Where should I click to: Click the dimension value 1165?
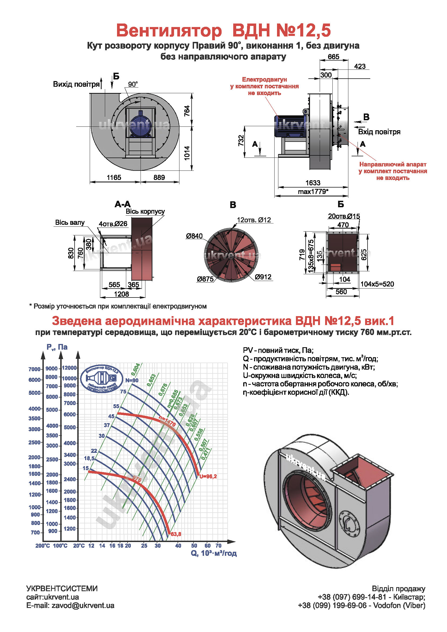coord(114,178)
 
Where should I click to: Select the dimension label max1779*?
coord(313,192)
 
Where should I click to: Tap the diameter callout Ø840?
coord(194,236)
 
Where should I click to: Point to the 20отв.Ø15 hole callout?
coord(344,216)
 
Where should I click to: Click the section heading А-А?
coord(123,204)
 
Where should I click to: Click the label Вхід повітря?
coord(379,132)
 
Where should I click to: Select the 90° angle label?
coord(133,84)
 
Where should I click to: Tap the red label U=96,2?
coord(208,476)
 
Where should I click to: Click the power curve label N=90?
coord(132,380)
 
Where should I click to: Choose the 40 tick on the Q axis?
coord(178,546)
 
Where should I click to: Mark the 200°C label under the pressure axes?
coord(42,546)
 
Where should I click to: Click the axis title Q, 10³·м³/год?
coord(214,553)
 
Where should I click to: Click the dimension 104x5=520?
coord(377,284)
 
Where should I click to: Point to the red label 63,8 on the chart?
coord(176,534)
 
